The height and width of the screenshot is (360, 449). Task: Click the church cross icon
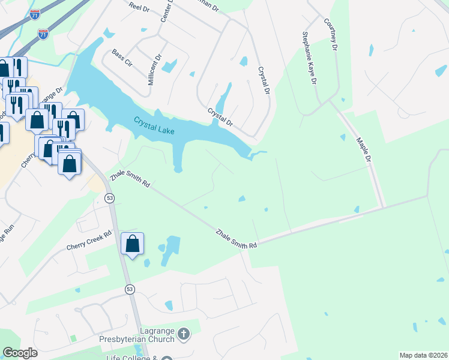(x=184, y=332)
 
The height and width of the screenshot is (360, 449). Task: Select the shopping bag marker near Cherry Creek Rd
(x=133, y=244)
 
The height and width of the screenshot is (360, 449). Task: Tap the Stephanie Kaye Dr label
(x=309, y=58)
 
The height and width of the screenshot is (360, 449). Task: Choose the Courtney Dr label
(x=332, y=33)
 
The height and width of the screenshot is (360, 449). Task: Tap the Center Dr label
(x=166, y=13)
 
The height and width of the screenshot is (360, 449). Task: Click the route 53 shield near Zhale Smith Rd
(x=109, y=198)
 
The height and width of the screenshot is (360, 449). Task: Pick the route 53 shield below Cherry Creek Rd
(x=130, y=289)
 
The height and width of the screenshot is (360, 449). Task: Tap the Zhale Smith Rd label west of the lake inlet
(x=130, y=178)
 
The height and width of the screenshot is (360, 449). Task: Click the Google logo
(x=20, y=353)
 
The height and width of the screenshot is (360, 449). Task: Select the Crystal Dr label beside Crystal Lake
(x=220, y=117)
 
